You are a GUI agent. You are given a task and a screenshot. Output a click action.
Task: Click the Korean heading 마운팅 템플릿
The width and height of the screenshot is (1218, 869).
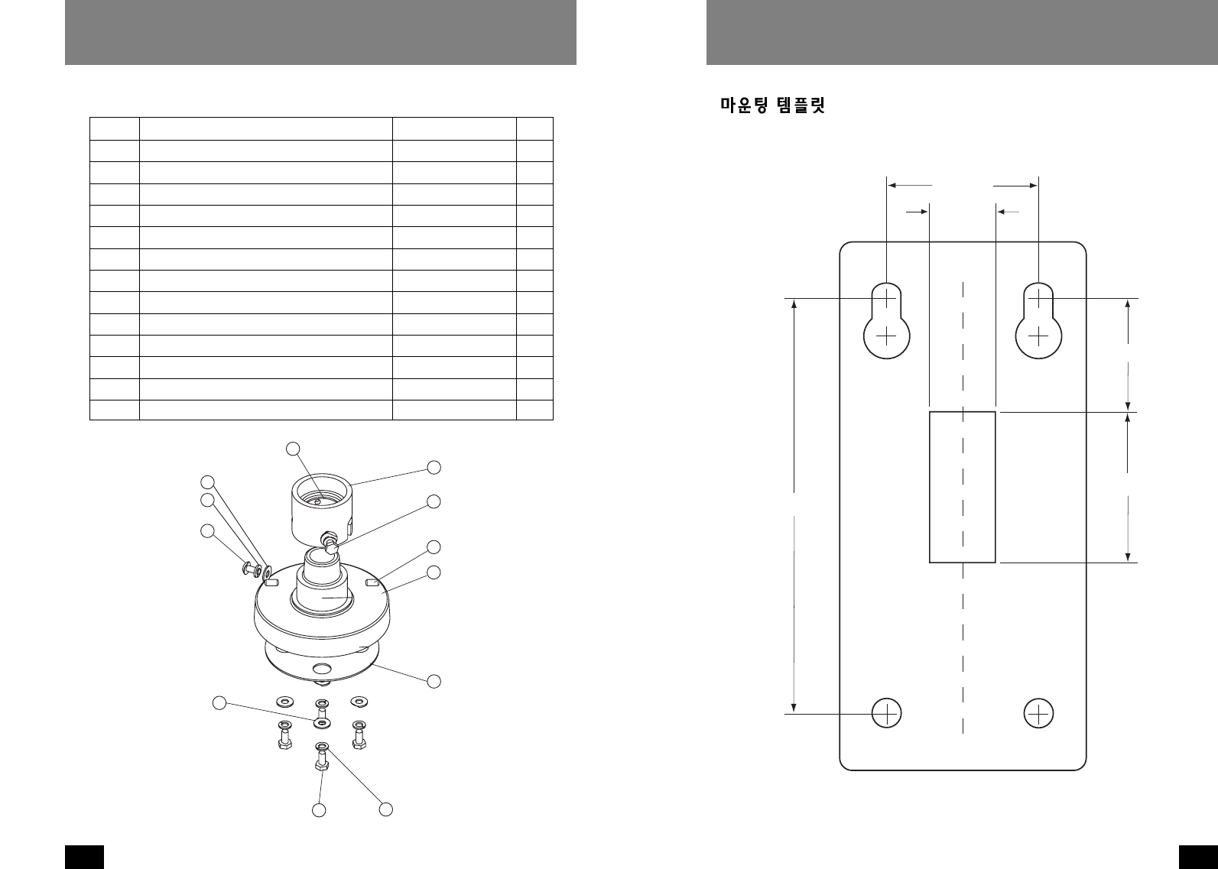[x=772, y=105]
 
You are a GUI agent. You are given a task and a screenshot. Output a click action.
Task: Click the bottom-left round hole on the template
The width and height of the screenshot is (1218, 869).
[x=886, y=713]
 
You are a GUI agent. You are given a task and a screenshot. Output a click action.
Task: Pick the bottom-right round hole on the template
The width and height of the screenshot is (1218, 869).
[x=1038, y=713]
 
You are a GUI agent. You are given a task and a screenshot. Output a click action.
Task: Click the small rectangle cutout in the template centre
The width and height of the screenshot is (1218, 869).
[x=962, y=487]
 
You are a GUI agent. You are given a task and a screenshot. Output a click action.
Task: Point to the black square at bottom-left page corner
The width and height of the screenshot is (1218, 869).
[x=83, y=856]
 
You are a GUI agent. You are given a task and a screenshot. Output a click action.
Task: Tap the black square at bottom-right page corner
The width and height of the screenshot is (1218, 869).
[x=1198, y=856]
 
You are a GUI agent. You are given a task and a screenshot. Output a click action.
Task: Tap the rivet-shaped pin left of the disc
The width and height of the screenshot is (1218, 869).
[x=250, y=568]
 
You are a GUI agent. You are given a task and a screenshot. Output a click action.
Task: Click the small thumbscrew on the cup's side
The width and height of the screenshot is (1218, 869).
[x=331, y=544]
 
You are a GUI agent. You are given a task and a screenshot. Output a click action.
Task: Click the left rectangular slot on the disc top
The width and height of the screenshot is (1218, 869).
[x=270, y=582]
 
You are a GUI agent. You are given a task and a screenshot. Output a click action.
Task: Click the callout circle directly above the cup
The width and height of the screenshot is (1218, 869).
[x=293, y=448]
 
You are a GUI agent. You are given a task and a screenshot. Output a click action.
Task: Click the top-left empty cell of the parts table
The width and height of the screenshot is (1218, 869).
[x=115, y=128]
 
